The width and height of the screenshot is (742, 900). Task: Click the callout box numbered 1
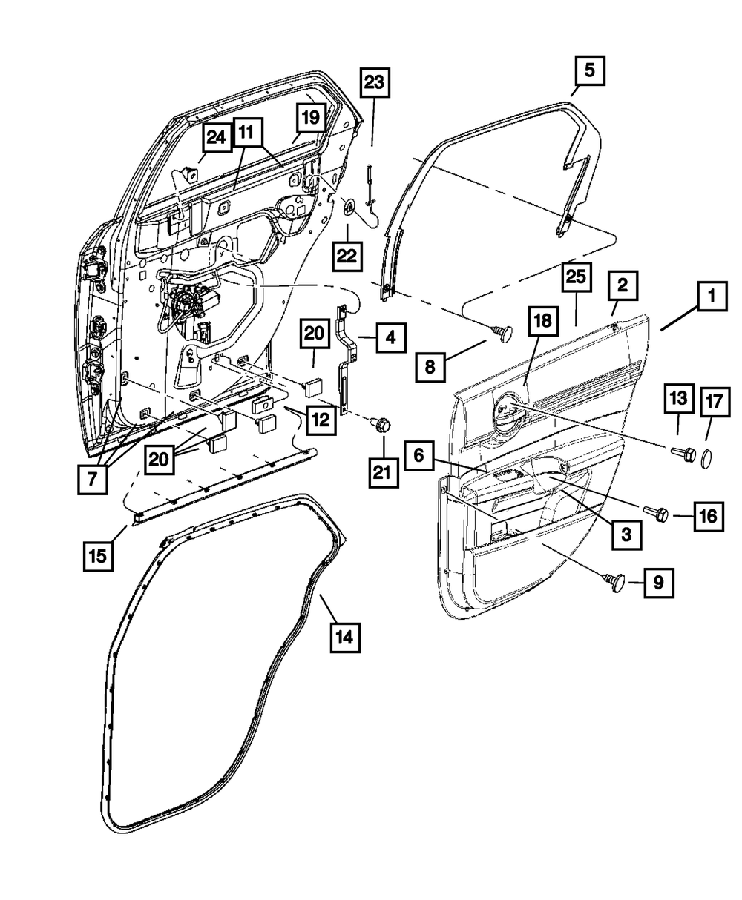711,300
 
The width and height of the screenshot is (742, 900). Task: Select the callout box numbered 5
589,73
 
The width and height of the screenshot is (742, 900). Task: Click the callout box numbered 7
92,478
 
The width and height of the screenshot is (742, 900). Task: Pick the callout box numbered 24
216,138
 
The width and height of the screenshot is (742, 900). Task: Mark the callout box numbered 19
311,117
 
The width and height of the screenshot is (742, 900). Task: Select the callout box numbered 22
347,257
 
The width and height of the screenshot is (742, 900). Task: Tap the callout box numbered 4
390,340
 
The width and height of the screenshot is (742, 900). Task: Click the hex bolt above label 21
382,425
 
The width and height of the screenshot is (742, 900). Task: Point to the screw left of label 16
659,512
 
